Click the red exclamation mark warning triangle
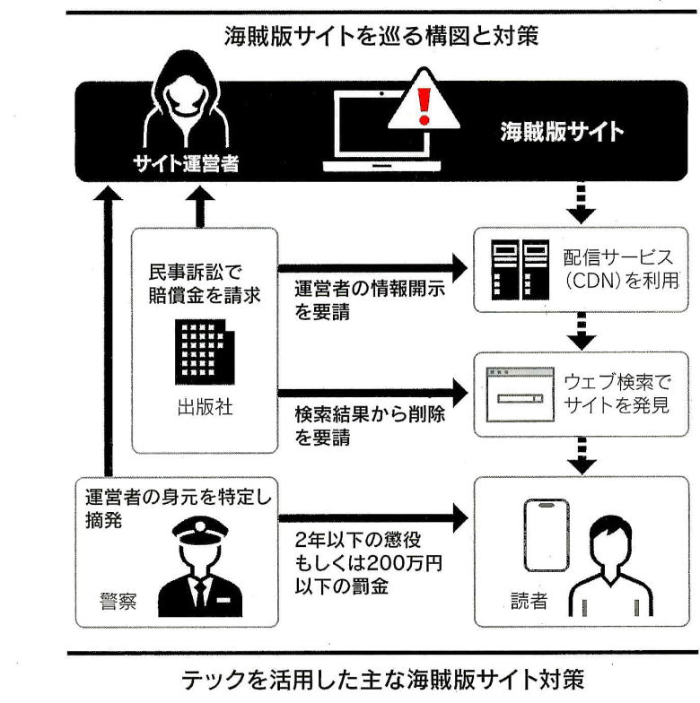424,100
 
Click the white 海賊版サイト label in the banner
562,132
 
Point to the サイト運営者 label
186,163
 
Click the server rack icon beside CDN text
521,269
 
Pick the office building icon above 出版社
205,351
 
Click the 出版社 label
205,407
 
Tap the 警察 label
118,601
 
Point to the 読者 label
529,601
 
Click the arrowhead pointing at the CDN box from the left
459,268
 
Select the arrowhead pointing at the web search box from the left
459,393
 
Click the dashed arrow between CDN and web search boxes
582,332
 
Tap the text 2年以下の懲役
357,540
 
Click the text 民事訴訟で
196,273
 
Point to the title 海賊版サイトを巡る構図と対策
381,36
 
